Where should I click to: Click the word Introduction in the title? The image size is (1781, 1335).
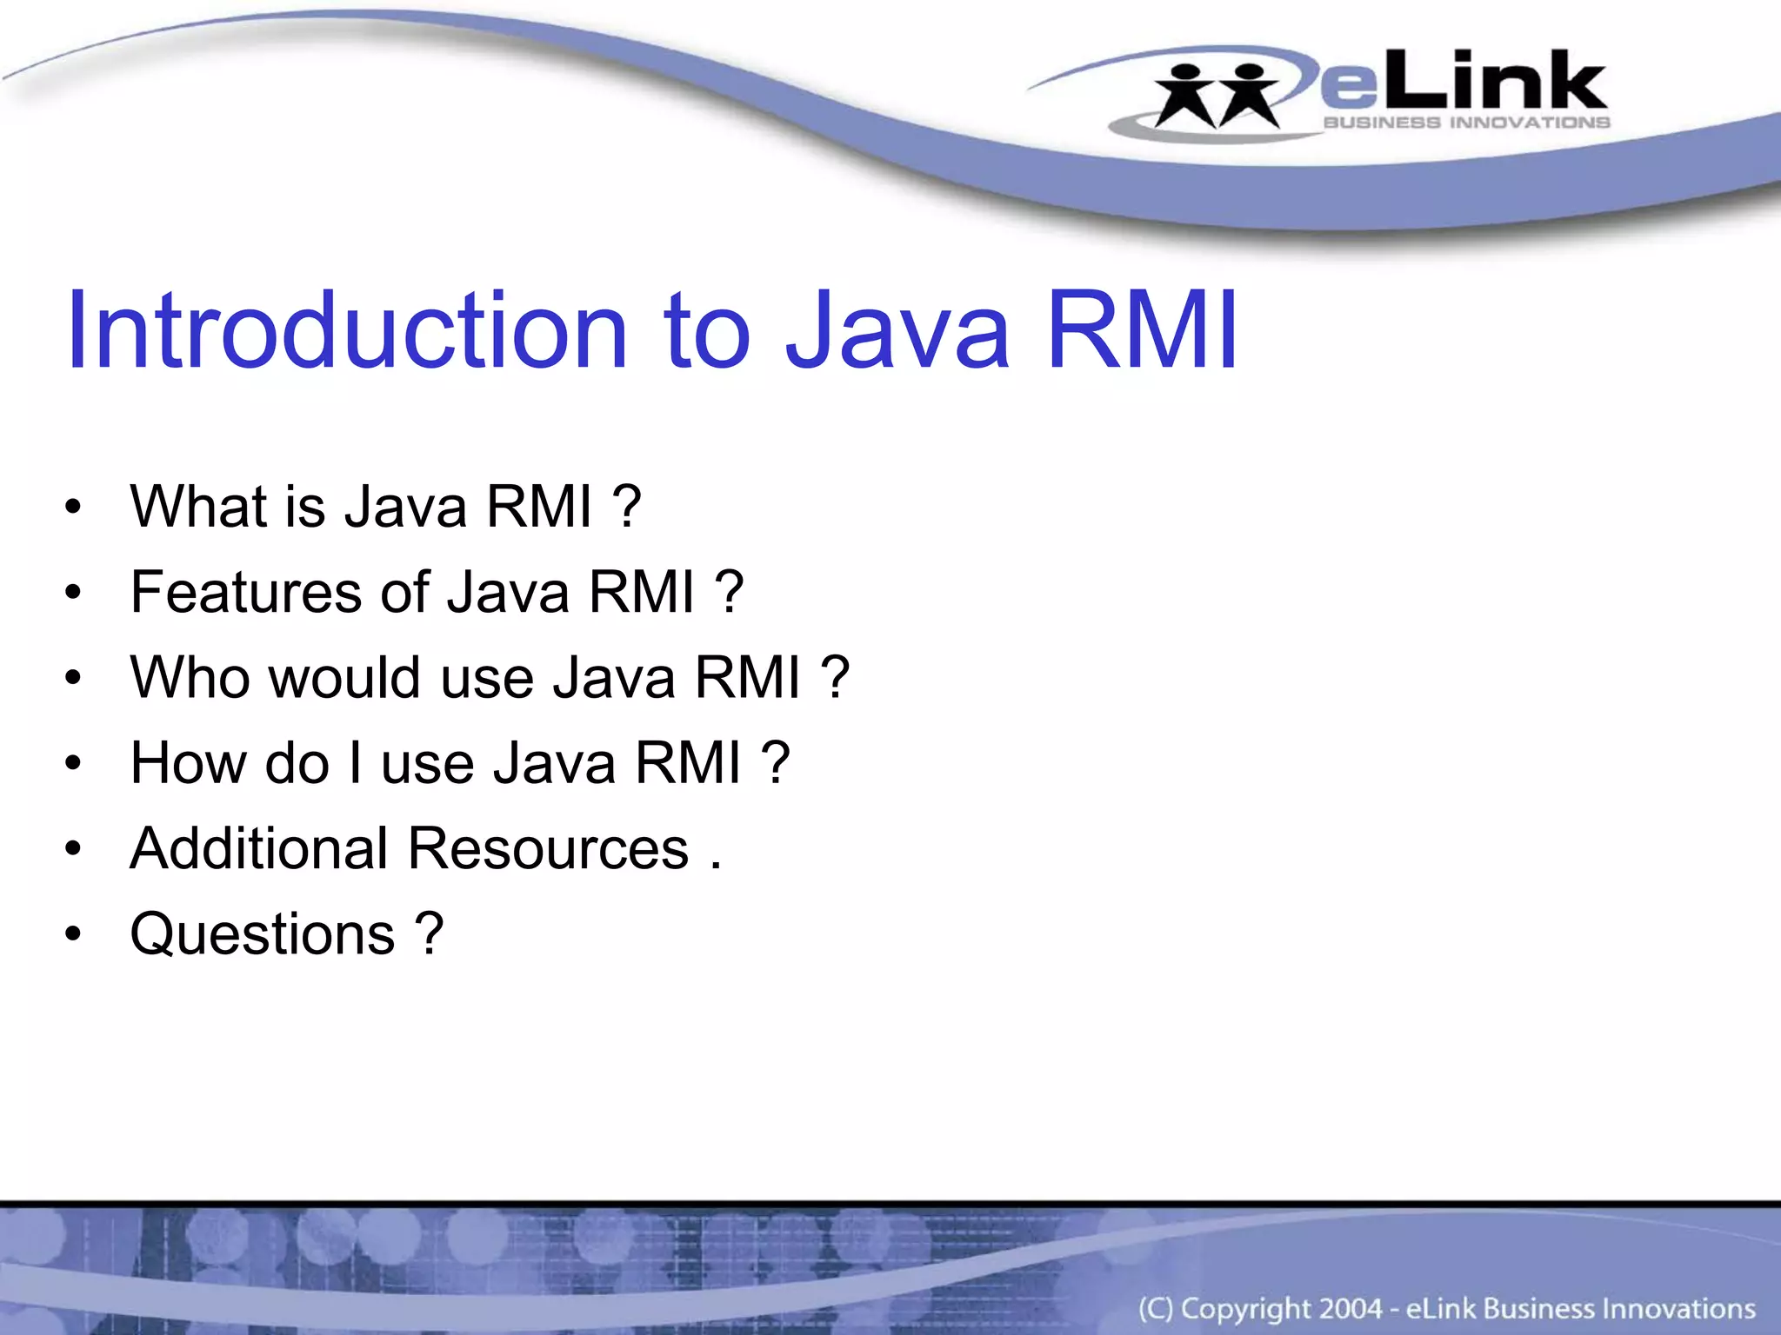[346, 331]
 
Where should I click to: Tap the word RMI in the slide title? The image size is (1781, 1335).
[1142, 331]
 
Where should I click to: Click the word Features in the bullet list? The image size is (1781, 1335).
[246, 592]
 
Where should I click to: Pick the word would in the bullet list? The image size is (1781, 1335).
[345, 677]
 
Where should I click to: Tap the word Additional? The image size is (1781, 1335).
[258, 848]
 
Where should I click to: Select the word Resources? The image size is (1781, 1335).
[548, 848]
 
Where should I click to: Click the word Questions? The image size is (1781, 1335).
[263, 933]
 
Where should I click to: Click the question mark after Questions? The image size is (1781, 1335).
[430, 933]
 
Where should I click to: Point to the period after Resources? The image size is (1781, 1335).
[715, 866]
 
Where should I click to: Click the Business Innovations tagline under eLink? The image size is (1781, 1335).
[1466, 123]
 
